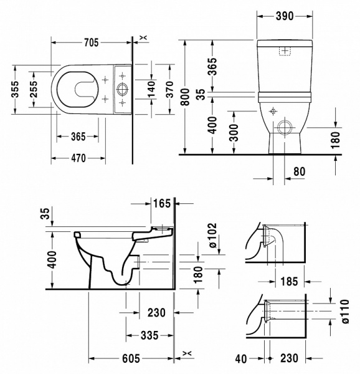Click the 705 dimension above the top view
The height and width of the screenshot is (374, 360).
point(91,42)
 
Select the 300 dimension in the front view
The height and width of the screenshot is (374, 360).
point(232,132)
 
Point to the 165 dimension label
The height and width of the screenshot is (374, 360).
point(161,203)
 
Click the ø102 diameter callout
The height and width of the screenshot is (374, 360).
point(212,237)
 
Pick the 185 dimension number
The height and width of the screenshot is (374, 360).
point(288,281)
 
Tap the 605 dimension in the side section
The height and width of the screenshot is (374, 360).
point(131,359)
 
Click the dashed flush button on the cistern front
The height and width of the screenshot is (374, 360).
point(286,50)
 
